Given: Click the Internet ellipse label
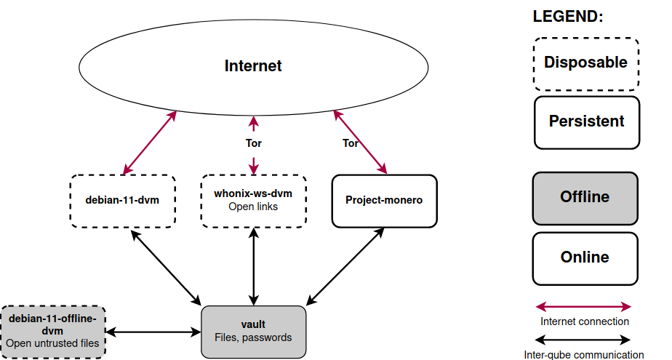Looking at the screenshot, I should click(253, 66).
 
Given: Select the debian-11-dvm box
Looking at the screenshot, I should click(123, 200).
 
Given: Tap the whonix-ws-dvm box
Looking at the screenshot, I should click(253, 200).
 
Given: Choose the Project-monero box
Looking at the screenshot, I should click(384, 200).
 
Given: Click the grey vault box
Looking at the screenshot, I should click(253, 332).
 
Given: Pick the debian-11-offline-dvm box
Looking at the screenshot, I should click(53, 332).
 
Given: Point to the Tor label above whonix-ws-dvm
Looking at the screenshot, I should click(253, 143).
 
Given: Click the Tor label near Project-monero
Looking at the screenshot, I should click(351, 143).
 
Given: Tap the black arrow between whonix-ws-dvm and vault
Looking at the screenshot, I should click(253, 265).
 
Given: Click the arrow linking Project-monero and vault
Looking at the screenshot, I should click(346, 265).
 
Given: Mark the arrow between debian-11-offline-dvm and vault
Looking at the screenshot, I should click(153, 332).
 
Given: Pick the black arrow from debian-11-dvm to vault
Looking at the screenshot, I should click(167, 266).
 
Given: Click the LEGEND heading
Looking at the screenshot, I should click(568, 17).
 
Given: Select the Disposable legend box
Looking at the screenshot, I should click(585, 63).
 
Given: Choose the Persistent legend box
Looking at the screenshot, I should click(586, 121).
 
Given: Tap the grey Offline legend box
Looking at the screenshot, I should click(585, 197).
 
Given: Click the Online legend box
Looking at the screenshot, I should click(585, 257).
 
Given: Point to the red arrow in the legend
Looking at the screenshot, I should click(584, 307).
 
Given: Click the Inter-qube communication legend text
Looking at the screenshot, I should click(584, 355).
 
